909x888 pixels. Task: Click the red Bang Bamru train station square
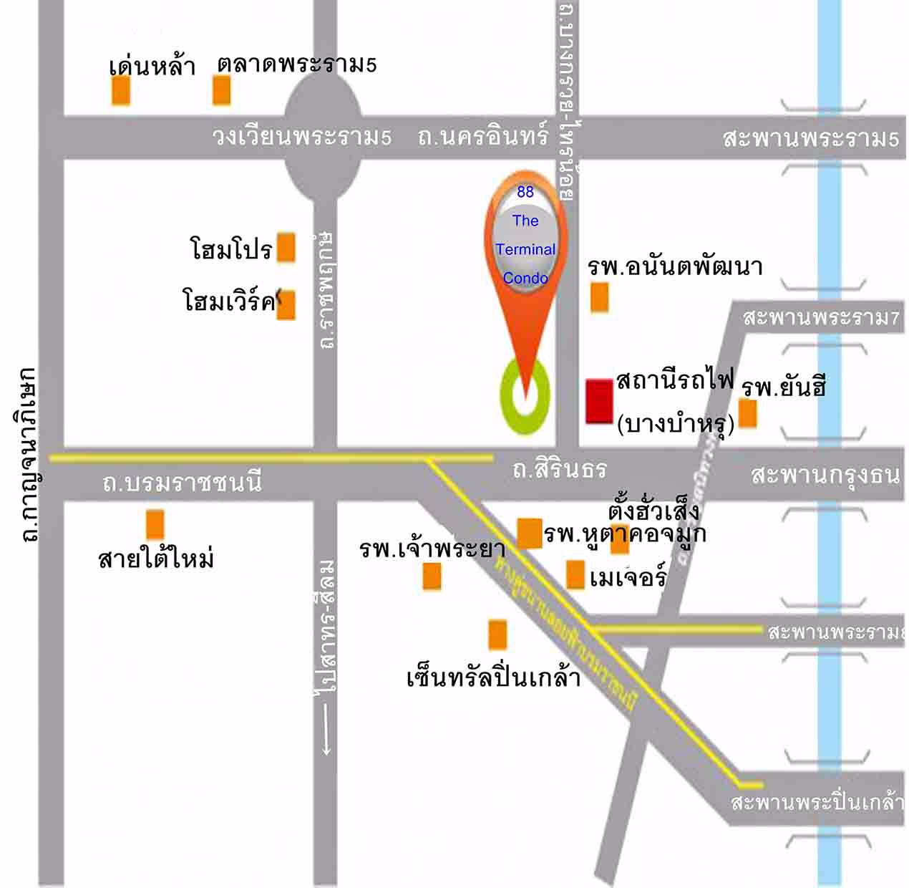[x=599, y=402]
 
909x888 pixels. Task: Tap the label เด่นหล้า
[x=152, y=66]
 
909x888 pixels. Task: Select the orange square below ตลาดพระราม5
[x=222, y=90]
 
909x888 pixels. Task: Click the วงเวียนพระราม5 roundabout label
[x=301, y=136]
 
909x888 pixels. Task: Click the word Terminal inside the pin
[x=525, y=249]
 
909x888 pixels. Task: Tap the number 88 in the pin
[x=525, y=192]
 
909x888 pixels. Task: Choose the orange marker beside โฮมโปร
[x=286, y=247]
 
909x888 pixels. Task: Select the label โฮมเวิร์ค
[x=229, y=301]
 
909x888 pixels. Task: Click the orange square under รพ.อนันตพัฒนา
[x=599, y=297]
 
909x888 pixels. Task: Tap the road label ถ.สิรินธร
[x=560, y=469]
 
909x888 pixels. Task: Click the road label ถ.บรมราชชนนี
[x=182, y=483]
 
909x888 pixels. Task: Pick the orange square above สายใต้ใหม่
[x=155, y=524]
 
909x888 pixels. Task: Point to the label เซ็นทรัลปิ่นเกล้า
[x=493, y=677]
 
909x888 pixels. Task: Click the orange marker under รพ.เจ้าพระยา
[x=432, y=576]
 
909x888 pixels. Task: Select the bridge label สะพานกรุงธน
[x=825, y=474]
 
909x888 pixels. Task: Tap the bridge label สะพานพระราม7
[x=820, y=317]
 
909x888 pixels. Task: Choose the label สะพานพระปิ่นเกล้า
[x=817, y=802]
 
